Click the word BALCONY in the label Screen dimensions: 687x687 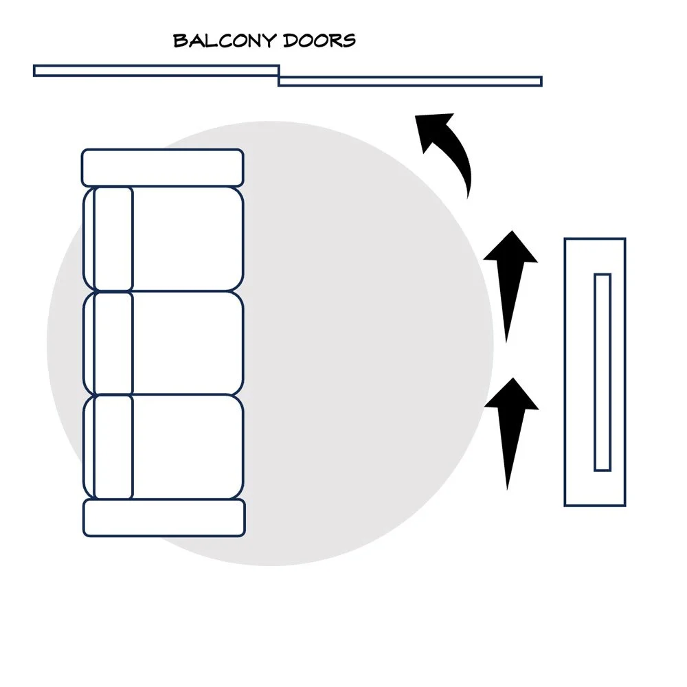[225, 41]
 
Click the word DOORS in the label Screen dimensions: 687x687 [319, 41]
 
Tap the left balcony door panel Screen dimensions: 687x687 [157, 71]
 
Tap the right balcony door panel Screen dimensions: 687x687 [410, 81]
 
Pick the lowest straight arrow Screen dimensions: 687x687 [511, 433]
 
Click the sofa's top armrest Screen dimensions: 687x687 [163, 168]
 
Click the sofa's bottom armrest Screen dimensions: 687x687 [164, 517]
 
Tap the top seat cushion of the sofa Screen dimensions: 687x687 [188, 239]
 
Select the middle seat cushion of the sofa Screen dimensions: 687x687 [188, 343]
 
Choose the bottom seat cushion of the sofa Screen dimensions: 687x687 [188, 447]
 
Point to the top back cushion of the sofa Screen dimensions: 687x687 [113, 239]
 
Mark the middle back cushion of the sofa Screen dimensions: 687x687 [113, 343]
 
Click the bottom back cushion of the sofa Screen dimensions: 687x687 [113, 447]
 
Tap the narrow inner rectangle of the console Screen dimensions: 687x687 [602, 372]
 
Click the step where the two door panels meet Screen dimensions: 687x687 [279, 76]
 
